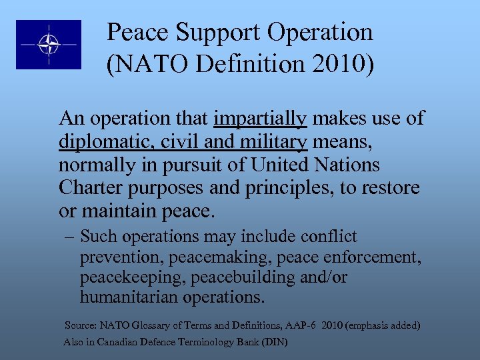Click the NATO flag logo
tap(49, 44)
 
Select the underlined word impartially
tap(260, 119)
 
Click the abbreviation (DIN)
tap(275, 343)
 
